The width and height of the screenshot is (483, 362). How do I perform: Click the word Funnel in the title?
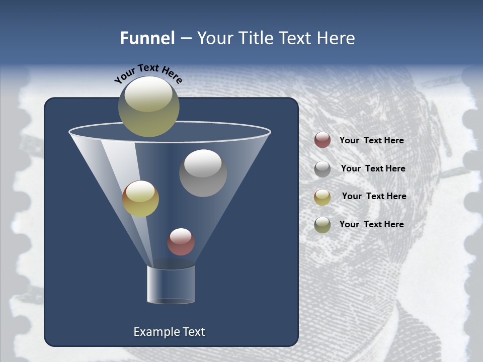(147, 38)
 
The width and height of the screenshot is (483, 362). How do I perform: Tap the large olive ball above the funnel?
(148, 107)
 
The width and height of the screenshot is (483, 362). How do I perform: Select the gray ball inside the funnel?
(203, 173)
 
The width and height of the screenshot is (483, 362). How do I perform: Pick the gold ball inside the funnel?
(140, 199)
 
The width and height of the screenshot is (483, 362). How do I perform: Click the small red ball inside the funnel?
(181, 242)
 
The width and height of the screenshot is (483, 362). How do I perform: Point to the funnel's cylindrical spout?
(171, 285)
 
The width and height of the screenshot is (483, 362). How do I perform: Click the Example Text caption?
(169, 332)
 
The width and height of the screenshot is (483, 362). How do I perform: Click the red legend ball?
(323, 140)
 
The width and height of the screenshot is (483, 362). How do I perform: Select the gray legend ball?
(323, 169)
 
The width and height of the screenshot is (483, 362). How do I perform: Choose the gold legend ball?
(323, 197)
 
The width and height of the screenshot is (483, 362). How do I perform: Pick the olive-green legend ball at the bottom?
(323, 225)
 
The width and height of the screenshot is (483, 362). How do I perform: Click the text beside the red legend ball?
(371, 140)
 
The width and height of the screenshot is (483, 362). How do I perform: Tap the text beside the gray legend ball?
(373, 168)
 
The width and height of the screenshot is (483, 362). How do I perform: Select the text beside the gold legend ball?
(374, 196)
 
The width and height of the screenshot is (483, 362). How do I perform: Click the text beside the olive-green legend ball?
(371, 224)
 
